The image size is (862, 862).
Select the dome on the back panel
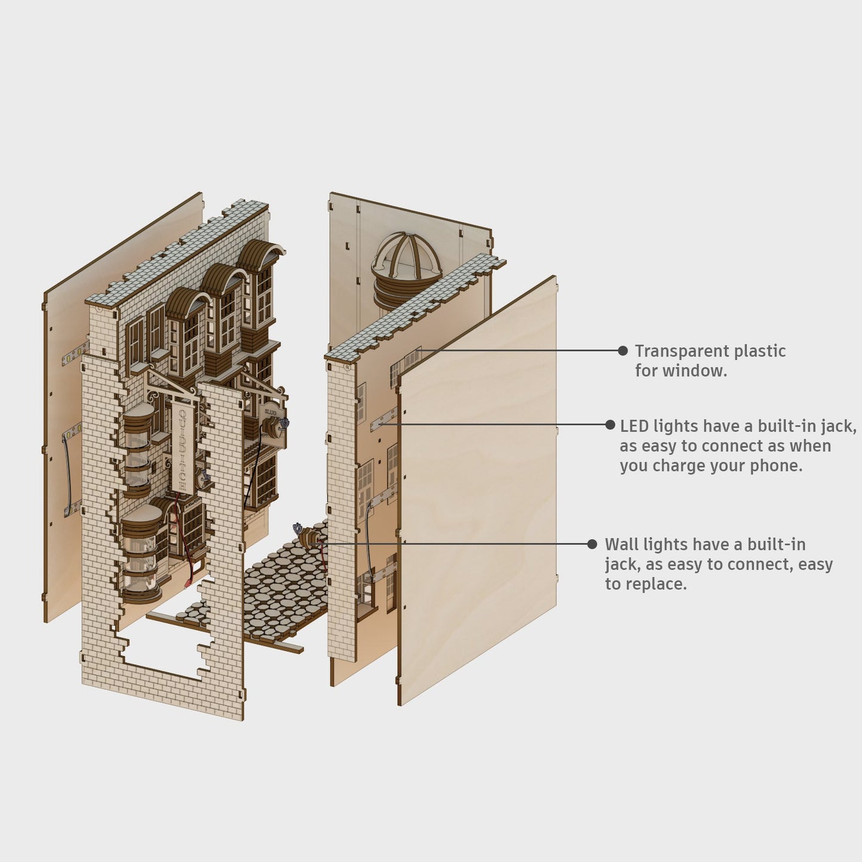click(406, 262)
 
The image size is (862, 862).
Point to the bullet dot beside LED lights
click(610, 425)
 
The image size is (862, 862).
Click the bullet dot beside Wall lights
click(592, 544)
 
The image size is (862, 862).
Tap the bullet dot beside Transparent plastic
click(623, 351)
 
